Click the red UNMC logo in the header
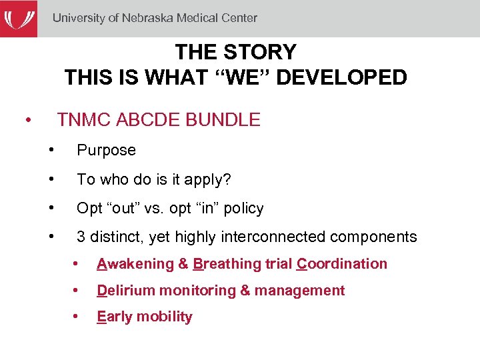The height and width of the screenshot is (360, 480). click(x=19, y=18)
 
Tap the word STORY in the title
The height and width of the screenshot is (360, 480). click(x=260, y=52)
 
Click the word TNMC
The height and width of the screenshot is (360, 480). click(x=84, y=120)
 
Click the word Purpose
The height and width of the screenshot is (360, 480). click(x=106, y=151)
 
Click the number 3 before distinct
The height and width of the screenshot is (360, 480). click(x=81, y=237)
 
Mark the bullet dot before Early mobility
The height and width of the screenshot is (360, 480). click(x=77, y=317)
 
